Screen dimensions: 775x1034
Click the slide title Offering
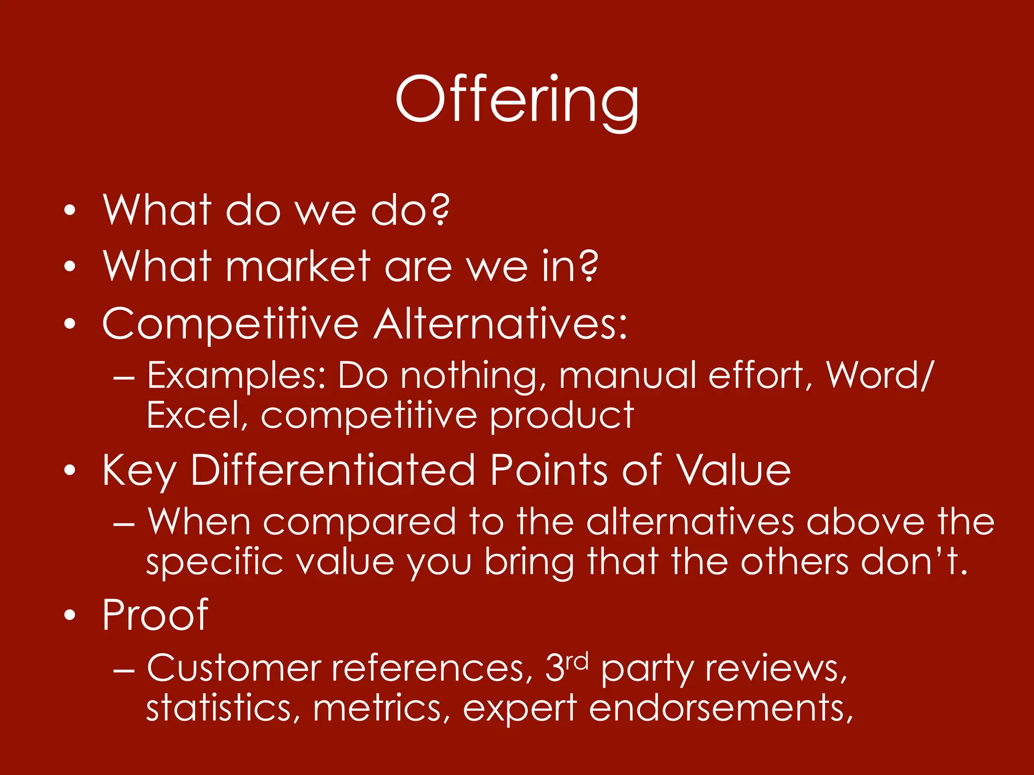pos(517,100)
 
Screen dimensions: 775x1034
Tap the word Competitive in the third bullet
pos(230,324)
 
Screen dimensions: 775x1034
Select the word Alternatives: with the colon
pos(501,324)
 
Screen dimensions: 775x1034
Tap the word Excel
pos(196,416)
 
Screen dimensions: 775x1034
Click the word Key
pos(139,471)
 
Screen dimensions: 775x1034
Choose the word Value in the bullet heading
pos(734,470)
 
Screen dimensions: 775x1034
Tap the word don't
pos(914,562)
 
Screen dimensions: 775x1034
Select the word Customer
pos(234,669)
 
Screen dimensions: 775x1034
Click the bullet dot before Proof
pos(70,615)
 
